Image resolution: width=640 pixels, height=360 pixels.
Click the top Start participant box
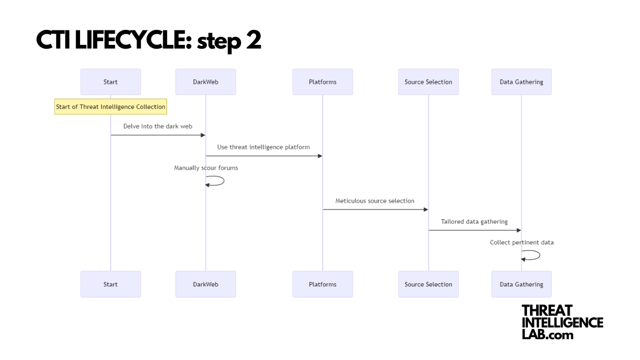click(110, 82)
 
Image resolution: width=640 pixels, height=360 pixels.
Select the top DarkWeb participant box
click(205, 82)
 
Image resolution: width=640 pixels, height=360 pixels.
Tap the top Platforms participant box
click(322, 82)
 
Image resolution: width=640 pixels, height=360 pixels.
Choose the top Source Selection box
click(428, 82)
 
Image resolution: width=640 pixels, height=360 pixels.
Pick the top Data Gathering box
click(521, 82)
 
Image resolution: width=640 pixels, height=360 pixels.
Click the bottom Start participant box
click(110, 284)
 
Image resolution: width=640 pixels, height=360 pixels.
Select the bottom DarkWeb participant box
click(205, 284)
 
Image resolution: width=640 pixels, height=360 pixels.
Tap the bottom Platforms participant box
click(322, 284)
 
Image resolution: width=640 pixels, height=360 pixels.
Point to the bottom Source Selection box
click(428, 284)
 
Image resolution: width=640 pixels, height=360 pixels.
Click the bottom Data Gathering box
click(521, 284)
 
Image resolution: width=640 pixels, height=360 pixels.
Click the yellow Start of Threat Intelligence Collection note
click(110, 107)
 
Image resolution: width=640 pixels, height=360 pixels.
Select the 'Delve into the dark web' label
click(158, 126)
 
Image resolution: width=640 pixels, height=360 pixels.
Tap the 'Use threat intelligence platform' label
click(263, 147)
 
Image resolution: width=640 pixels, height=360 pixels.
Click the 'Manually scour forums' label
click(206, 168)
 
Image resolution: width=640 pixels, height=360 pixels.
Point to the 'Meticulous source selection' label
click(374, 201)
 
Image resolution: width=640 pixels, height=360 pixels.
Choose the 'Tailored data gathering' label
click(474, 222)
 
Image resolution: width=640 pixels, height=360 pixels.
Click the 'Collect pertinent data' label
click(522, 243)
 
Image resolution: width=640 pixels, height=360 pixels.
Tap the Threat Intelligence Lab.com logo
click(562, 322)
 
